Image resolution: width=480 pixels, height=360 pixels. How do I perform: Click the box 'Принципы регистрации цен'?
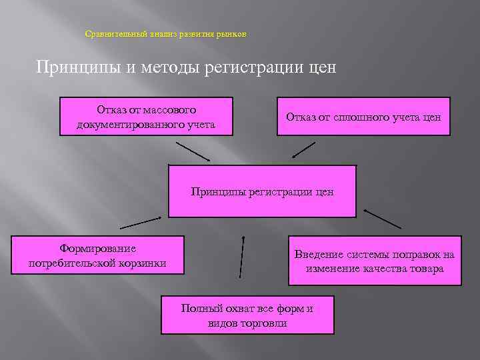(262, 191)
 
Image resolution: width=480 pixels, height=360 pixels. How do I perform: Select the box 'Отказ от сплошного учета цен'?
(363, 117)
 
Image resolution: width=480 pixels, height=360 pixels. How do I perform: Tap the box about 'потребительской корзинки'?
(97, 255)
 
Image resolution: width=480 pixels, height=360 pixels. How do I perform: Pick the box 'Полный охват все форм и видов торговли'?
(247, 315)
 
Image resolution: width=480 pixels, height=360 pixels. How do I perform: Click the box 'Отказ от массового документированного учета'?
(146, 117)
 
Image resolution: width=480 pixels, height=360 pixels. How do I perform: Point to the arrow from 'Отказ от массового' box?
(193, 151)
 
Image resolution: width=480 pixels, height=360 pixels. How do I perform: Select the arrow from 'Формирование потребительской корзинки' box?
(141, 223)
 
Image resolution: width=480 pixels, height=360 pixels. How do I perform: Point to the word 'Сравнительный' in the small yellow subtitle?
(110, 34)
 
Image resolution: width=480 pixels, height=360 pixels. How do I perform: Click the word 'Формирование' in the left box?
(97, 249)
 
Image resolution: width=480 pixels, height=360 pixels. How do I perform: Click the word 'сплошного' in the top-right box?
(353, 117)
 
